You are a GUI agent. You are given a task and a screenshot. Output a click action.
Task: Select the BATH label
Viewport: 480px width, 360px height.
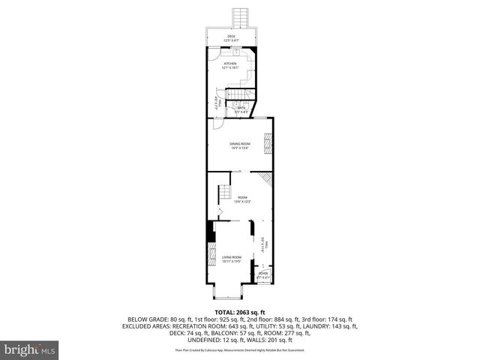pyautogui.click(x=241, y=109)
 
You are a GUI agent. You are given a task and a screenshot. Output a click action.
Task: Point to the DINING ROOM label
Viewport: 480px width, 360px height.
pyautogui.click(x=239, y=145)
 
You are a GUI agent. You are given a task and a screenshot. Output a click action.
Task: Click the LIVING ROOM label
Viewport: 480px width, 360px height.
pyautogui.click(x=230, y=259)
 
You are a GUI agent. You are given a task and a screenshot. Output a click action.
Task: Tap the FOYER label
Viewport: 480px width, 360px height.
pyautogui.click(x=262, y=274)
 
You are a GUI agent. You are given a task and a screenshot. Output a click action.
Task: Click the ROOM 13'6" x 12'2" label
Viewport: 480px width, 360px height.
pyautogui.click(x=241, y=199)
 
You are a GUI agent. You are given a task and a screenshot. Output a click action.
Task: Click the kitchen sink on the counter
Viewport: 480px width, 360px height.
pyautogui.click(x=235, y=52)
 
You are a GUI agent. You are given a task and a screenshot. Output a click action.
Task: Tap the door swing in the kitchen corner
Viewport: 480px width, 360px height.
pyautogui.click(x=214, y=53)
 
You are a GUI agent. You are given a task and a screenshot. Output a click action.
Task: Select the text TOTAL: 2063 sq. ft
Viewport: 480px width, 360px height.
pyautogui.click(x=239, y=311)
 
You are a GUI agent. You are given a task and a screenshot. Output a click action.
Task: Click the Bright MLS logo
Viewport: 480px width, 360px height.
pyautogui.click(x=30, y=349)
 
